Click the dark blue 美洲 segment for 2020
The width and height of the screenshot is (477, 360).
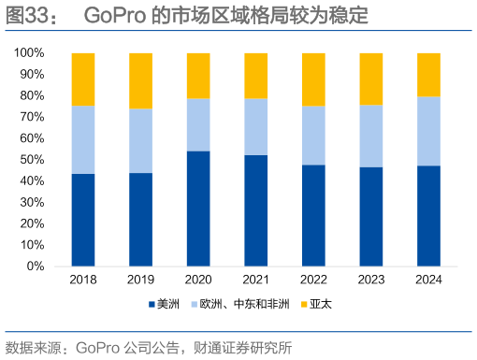pos(198,208)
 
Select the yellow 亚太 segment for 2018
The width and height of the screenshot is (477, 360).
pos(83,79)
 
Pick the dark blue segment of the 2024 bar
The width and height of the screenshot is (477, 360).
pos(428,215)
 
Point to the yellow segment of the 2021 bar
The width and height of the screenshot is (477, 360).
pos(255,76)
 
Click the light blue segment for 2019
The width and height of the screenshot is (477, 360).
pos(140,140)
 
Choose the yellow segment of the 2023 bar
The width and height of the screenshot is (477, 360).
pos(371,79)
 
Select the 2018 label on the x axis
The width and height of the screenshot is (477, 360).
pos(83,280)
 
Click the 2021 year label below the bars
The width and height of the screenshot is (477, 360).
pos(255,280)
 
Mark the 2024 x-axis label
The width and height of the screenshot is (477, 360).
pos(428,280)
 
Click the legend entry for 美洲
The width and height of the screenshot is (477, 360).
pos(163,304)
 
